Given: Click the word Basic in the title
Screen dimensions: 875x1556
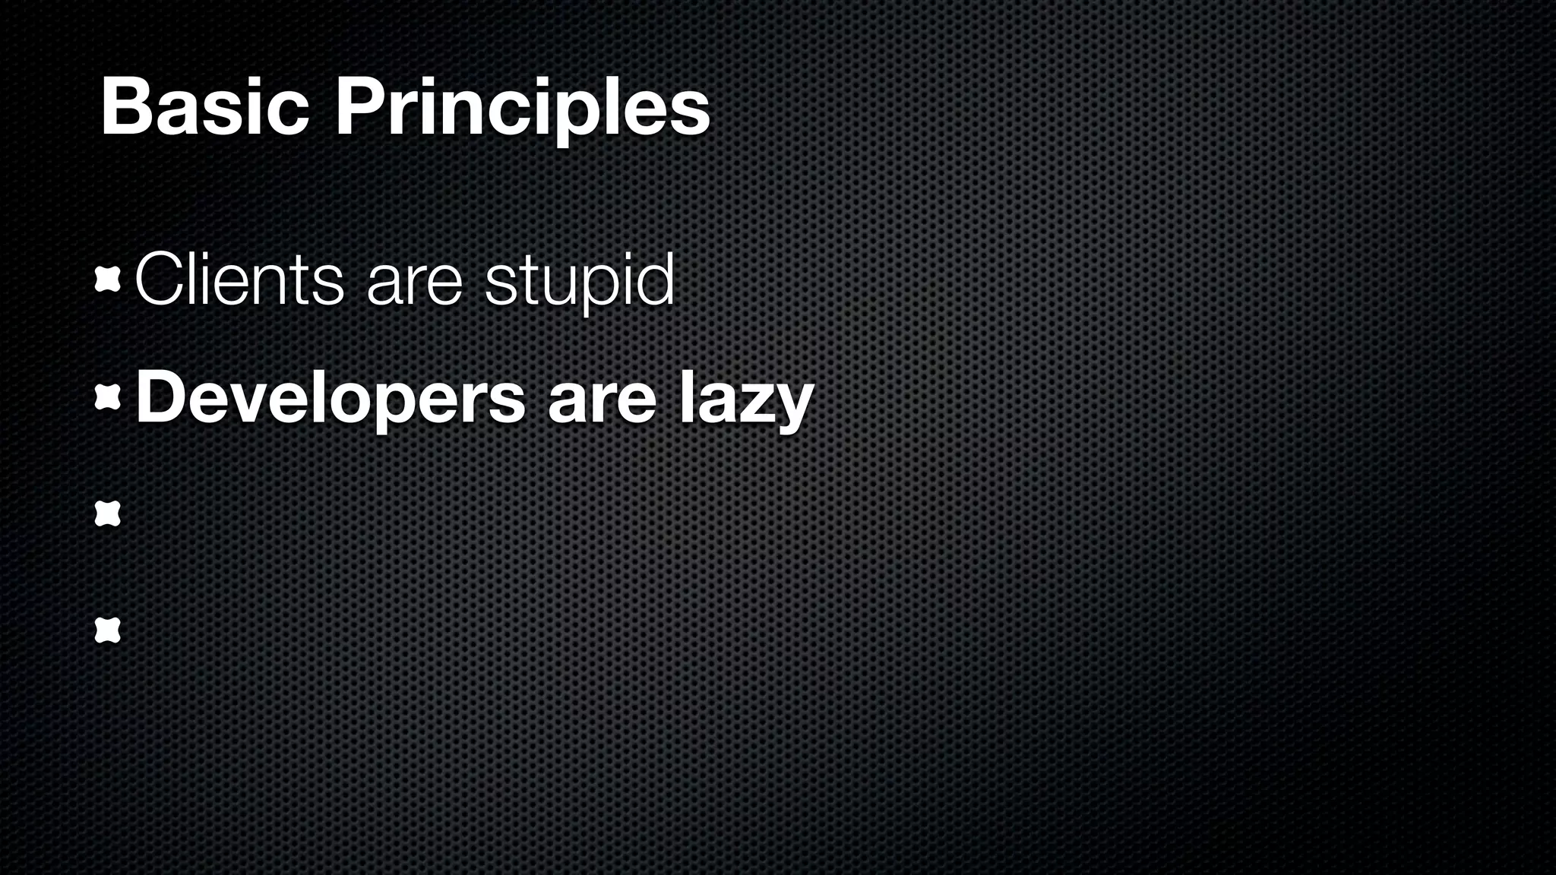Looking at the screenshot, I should tap(204, 108).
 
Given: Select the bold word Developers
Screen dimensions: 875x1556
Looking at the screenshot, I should tap(330, 400).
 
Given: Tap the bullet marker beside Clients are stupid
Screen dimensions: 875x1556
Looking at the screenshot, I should tap(108, 282).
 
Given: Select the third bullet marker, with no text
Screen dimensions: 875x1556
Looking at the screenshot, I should tap(108, 514).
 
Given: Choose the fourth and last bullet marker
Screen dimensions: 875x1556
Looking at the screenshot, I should tap(108, 630).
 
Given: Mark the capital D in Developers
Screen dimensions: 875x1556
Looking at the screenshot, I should tap(160, 398).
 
